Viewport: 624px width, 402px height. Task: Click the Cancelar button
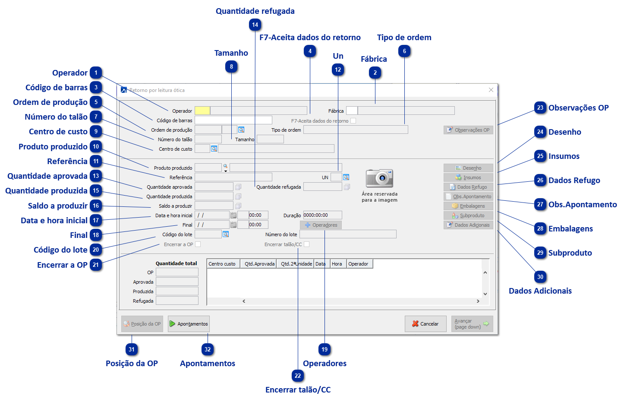425,324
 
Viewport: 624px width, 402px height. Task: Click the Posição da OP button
142,324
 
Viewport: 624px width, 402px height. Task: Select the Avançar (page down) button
472,324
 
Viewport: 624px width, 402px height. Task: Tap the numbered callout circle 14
255,25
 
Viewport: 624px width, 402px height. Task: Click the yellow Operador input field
202,111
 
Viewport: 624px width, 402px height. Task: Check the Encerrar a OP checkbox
198,244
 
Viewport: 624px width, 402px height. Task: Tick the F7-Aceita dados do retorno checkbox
353,121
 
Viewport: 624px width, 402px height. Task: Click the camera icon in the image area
379,178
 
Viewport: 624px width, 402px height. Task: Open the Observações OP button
468,130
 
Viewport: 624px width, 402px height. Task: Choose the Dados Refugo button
468,187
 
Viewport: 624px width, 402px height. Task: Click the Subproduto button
468,215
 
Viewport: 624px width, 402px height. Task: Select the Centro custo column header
223,264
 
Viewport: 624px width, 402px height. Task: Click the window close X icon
491,90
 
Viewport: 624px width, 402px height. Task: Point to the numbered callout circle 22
298,376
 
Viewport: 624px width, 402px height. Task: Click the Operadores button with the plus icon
321,225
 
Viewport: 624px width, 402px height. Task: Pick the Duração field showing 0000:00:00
322,215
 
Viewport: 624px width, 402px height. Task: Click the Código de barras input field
233,120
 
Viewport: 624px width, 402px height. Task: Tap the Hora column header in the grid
337,264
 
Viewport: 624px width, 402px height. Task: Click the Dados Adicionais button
468,225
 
